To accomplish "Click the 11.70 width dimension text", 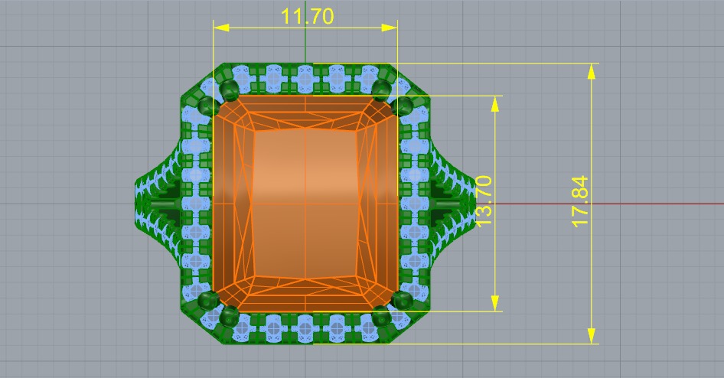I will [x=306, y=16].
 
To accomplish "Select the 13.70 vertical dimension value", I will [x=484, y=200].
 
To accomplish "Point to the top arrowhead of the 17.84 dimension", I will [x=591, y=71].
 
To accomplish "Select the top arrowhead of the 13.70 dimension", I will [x=495, y=103].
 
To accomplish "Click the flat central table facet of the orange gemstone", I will [x=305, y=203].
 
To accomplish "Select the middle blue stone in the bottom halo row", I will [x=305, y=330].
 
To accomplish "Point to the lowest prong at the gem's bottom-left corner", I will [x=227, y=314].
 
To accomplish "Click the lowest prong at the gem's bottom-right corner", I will [x=383, y=314].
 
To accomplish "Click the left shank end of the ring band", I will [x=145, y=204].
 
